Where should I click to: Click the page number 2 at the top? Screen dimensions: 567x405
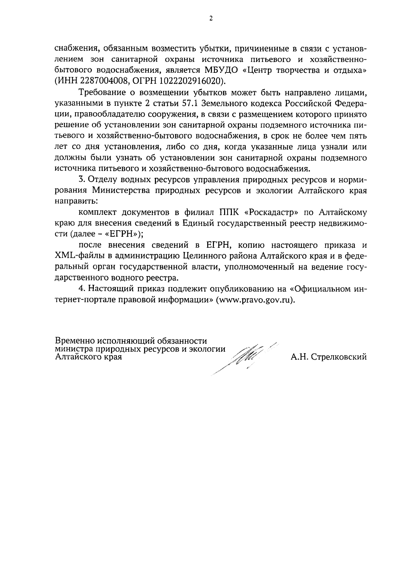[211, 19]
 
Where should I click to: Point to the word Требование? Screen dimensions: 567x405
[101, 92]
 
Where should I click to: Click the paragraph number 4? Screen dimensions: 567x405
[80, 289]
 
